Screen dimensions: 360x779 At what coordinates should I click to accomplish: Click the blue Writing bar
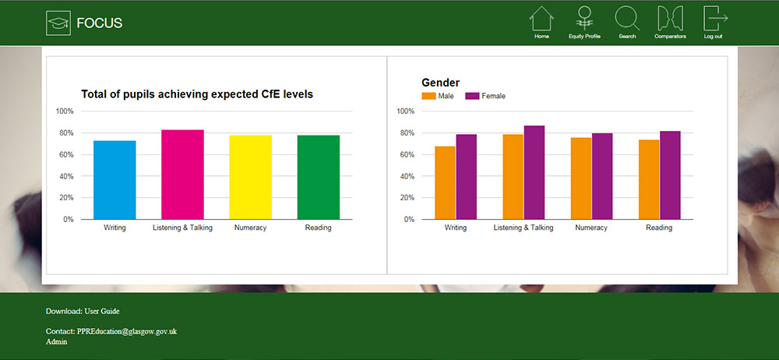(115, 180)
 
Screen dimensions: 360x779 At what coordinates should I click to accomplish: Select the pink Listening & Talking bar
(182, 175)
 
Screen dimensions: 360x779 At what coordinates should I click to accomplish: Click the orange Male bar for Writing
(445, 183)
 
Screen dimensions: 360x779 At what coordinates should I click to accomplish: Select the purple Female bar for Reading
(670, 175)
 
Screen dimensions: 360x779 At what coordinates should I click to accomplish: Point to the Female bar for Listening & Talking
(534, 172)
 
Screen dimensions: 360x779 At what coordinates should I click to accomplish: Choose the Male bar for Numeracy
(580, 178)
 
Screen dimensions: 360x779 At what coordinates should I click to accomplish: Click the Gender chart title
(440, 83)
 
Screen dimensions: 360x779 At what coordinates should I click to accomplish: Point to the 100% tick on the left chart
(65, 111)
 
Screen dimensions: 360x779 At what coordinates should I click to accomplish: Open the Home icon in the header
(541, 22)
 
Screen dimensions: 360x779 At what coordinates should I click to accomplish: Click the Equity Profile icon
(584, 22)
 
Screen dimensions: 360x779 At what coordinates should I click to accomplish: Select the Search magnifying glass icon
(627, 22)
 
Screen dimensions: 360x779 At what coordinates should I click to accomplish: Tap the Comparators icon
(670, 22)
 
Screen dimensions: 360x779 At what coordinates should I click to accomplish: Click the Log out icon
(714, 22)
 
